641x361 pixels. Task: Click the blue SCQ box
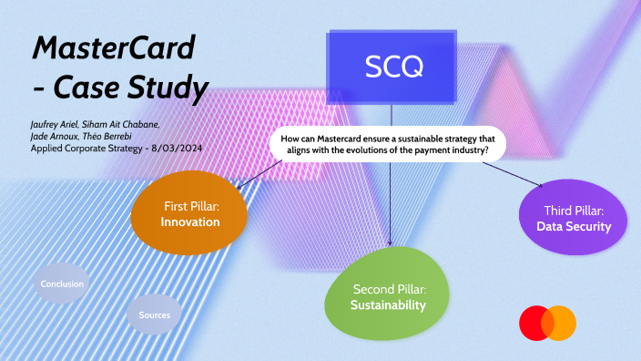pos(392,67)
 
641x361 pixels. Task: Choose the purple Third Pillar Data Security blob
pos(573,218)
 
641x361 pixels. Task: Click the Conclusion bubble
pos(62,284)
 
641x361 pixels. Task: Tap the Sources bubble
pos(154,315)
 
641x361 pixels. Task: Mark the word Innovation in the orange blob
pos(190,222)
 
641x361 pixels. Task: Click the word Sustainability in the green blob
pos(389,305)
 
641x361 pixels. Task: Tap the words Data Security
pos(574,226)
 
